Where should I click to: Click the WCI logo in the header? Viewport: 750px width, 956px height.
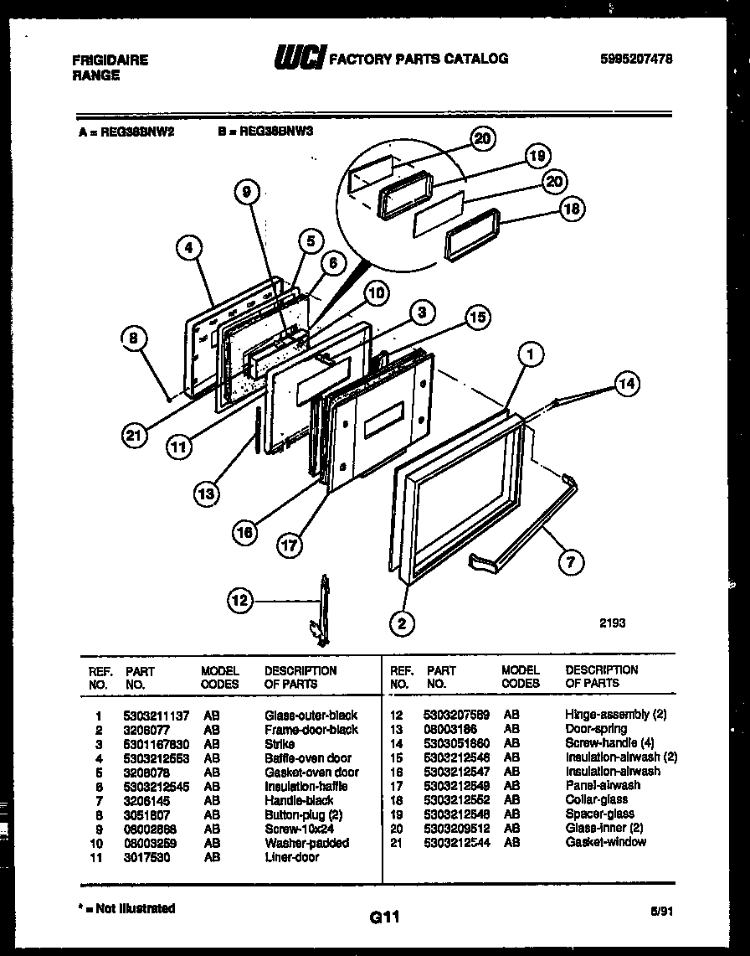click(x=299, y=58)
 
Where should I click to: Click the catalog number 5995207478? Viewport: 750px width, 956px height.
click(x=636, y=59)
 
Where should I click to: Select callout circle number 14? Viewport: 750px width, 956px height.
click(x=626, y=385)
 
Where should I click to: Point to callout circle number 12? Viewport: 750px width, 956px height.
click(x=241, y=600)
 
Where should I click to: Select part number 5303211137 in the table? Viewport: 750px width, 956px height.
click(x=157, y=715)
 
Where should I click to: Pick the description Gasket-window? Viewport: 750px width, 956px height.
click(x=605, y=841)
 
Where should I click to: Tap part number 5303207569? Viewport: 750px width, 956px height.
click(x=457, y=715)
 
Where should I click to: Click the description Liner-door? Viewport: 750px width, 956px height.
click(x=291, y=857)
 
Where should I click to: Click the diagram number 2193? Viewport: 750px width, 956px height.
click(x=611, y=623)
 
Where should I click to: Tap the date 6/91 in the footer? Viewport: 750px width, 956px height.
click(x=660, y=912)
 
